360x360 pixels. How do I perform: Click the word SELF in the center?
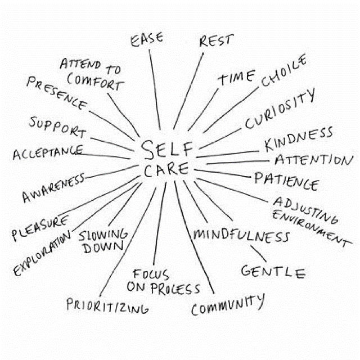click(x=167, y=150)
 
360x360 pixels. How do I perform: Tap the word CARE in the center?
click(x=166, y=169)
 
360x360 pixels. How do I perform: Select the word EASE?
click(x=147, y=39)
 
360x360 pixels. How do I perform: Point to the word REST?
click(x=217, y=40)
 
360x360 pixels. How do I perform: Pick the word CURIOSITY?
click(x=280, y=109)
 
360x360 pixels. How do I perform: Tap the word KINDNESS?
click(x=299, y=139)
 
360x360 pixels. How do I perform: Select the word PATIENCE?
click(x=287, y=181)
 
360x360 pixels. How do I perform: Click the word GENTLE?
click(x=273, y=272)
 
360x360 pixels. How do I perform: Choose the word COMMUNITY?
click(x=228, y=304)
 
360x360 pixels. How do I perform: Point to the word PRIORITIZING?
click(x=107, y=306)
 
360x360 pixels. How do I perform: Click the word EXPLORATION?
click(x=42, y=253)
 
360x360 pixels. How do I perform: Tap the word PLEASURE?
click(x=40, y=228)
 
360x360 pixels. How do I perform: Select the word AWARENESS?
click(x=53, y=188)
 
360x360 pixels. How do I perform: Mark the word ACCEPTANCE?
click(x=48, y=152)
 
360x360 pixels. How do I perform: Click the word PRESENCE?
click(x=57, y=93)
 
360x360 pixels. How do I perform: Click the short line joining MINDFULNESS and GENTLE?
click(x=259, y=254)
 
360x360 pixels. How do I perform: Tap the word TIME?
click(x=236, y=78)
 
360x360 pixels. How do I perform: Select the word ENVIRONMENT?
click(x=312, y=229)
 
